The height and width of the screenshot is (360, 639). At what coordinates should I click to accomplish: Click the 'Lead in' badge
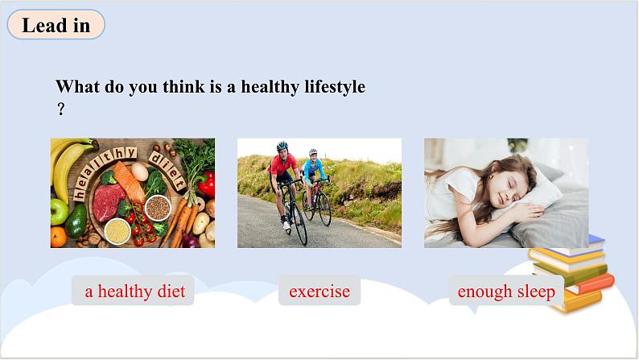pyautogui.click(x=56, y=25)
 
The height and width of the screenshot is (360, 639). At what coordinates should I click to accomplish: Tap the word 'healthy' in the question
pyautogui.click(x=270, y=87)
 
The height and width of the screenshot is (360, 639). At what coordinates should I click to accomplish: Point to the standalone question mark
pyautogui.click(x=60, y=109)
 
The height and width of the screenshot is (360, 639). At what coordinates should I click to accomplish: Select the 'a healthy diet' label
pyautogui.click(x=133, y=291)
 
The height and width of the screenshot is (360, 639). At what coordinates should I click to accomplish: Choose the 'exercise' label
pyautogui.click(x=319, y=291)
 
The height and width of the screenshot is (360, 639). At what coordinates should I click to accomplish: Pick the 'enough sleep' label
pyautogui.click(x=506, y=291)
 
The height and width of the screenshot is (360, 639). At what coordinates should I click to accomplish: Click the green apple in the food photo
pyautogui.click(x=59, y=211)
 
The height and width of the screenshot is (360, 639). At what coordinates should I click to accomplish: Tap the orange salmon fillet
pyautogui.click(x=129, y=181)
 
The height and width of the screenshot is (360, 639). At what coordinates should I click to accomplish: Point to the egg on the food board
pyautogui.click(x=139, y=172)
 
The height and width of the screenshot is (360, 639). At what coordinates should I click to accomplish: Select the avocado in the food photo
pyautogui.click(x=76, y=221)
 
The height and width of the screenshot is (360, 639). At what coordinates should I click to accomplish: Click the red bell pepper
pyautogui.click(x=207, y=184)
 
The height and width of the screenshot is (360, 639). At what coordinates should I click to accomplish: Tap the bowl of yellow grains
pyautogui.click(x=117, y=231)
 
